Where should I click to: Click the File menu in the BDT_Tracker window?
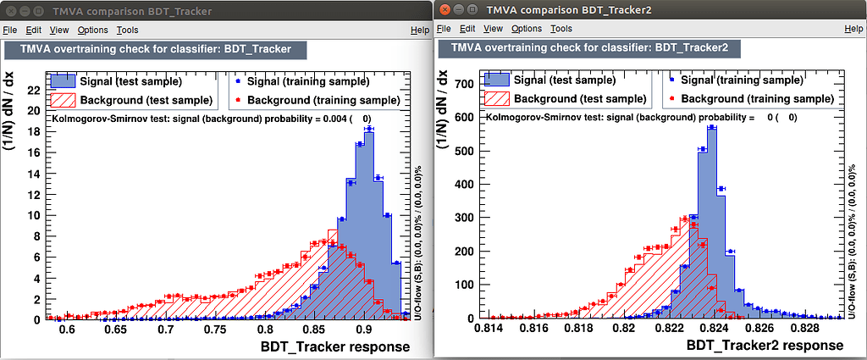(x=10, y=30)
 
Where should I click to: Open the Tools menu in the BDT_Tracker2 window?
(x=561, y=29)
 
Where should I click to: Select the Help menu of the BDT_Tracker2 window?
(x=853, y=29)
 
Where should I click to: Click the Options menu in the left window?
(x=93, y=30)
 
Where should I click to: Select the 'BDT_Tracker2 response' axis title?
(x=765, y=346)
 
